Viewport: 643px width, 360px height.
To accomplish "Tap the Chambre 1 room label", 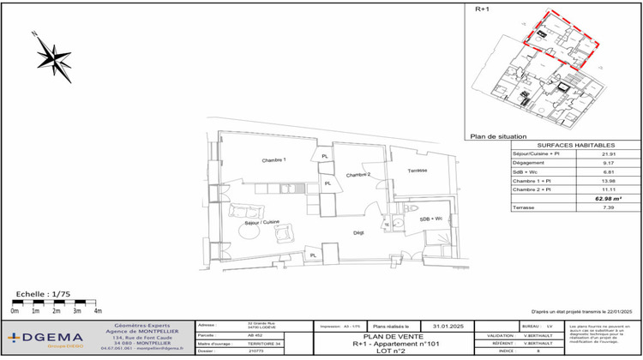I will (273, 160).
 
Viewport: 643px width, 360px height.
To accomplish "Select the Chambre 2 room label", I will (358, 175).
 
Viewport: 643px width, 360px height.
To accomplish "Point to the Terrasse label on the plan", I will (417, 170).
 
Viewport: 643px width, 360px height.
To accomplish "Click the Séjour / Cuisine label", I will (262, 223).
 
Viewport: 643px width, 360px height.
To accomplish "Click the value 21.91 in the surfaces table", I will (609, 154).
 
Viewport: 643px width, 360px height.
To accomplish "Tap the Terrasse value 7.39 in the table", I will (609, 207).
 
